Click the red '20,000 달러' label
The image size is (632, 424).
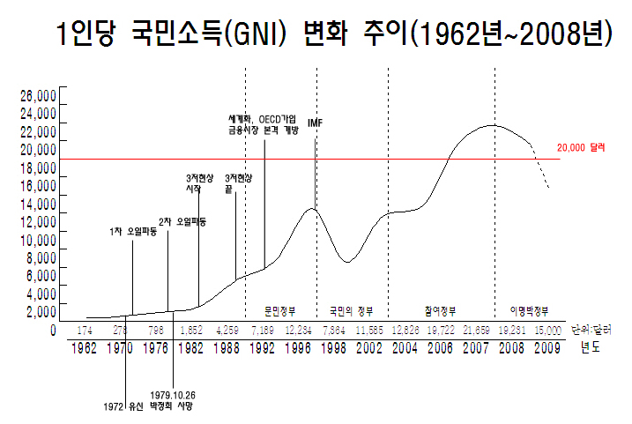(583, 148)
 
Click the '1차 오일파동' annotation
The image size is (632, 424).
(133, 232)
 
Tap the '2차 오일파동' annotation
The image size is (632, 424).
(182, 222)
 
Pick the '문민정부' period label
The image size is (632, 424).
(279, 311)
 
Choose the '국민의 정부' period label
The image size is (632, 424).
(352, 311)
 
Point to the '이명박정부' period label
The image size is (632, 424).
(529, 311)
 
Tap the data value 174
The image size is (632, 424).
(85, 330)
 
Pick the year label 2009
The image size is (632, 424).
(546, 348)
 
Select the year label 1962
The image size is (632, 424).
(85, 348)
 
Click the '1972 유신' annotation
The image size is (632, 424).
(123, 406)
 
